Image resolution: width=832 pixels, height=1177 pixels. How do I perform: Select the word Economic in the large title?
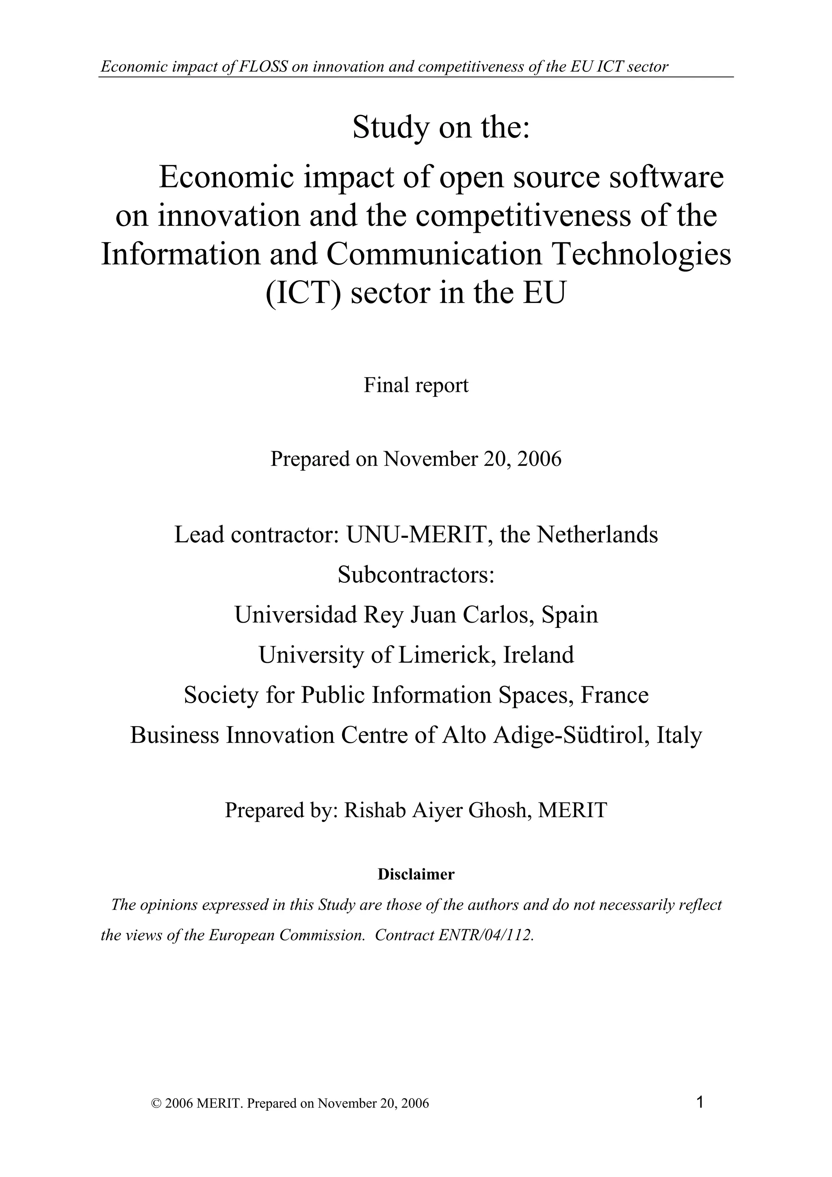click(227, 177)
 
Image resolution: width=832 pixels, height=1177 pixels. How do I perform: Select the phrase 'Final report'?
click(416, 385)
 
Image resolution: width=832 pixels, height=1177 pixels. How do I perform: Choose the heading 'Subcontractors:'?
click(416, 575)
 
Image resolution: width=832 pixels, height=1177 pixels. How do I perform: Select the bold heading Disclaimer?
click(416, 874)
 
